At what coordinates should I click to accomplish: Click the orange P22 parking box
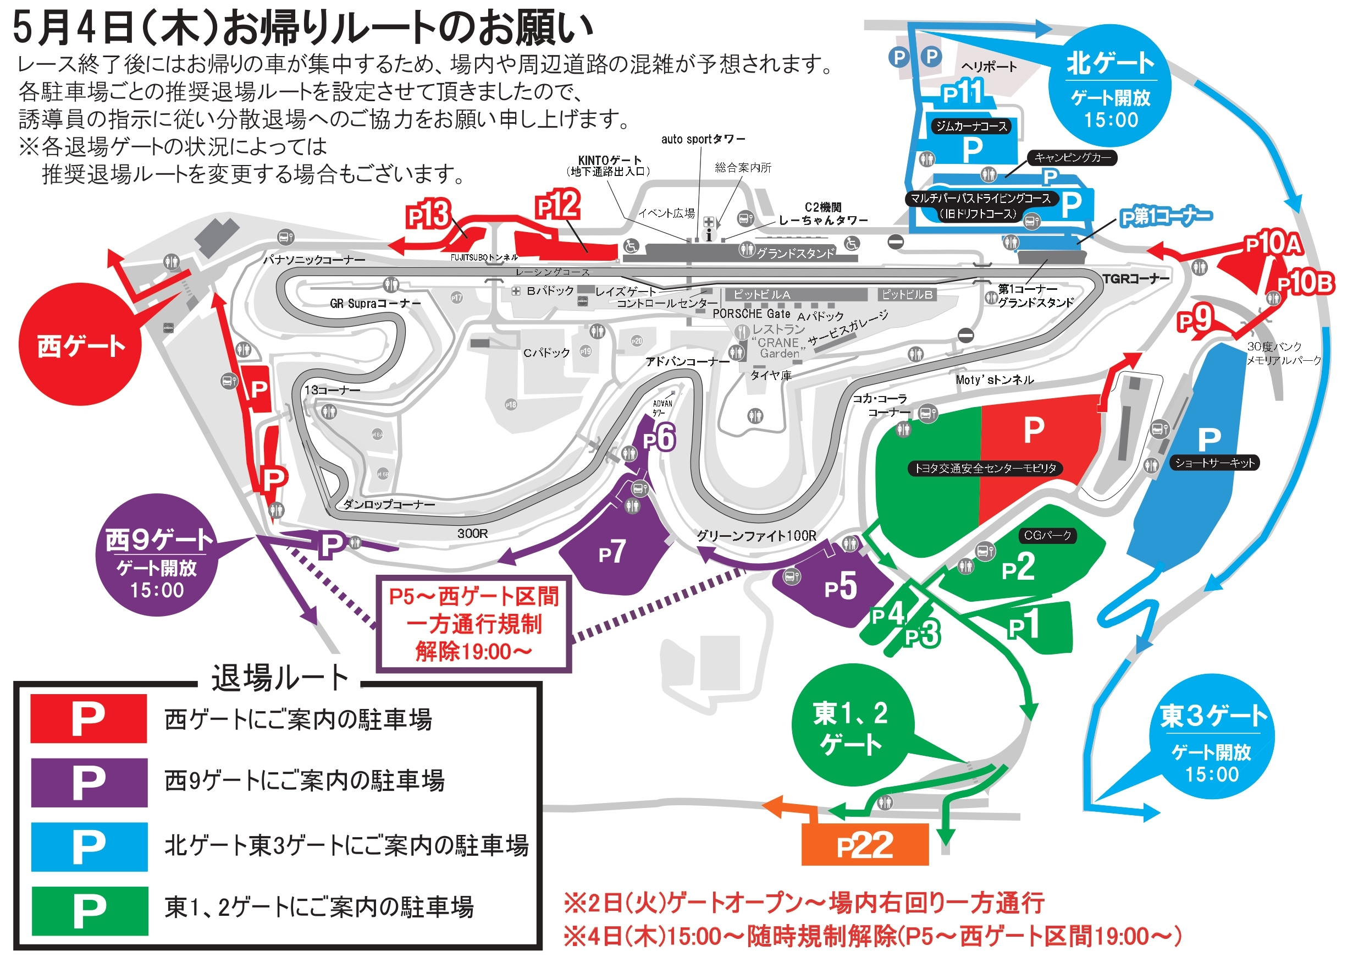[x=864, y=844]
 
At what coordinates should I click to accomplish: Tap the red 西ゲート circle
[x=80, y=345]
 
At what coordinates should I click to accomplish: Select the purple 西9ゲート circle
[x=157, y=555]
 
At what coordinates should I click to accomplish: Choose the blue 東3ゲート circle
[x=1212, y=737]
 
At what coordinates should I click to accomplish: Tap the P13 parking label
[x=428, y=215]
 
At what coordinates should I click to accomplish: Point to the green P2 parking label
[x=1018, y=568]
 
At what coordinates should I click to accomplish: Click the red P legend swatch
[x=89, y=718]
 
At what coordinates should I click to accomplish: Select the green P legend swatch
[x=90, y=911]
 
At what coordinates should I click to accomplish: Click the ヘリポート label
[x=989, y=67]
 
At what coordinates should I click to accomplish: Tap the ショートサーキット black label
[x=1214, y=463]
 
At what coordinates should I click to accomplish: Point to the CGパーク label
[x=1047, y=535]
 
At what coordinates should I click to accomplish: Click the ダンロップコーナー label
[x=389, y=504]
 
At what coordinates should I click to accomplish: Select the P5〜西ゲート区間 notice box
[x=473, y=624]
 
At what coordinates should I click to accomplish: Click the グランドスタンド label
[x=796, y=254]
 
